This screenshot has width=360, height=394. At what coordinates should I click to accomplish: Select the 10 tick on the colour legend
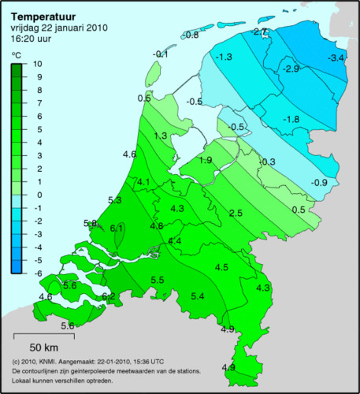pos(38,64)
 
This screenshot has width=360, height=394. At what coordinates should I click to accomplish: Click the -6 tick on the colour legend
pos(38,272)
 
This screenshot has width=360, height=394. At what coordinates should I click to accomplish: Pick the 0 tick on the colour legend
pos(38,194)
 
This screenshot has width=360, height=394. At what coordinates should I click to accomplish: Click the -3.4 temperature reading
pos(336,58)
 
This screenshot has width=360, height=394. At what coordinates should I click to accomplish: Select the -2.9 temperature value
pos(291,70)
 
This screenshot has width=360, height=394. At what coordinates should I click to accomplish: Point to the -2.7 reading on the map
pos(261,31)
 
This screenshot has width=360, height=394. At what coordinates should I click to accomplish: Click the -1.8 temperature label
pos(291,119)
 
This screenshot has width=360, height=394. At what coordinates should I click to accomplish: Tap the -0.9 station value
pos(319,183)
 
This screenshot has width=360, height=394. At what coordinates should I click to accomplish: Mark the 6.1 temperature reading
pos(118,228)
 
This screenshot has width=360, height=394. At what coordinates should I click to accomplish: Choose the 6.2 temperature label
pos(109,296)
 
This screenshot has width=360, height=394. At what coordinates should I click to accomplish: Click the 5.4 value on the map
pos(198,295)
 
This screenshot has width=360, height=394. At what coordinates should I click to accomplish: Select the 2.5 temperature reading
pos(235,214)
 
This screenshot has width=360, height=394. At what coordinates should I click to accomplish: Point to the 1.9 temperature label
pos(205,160)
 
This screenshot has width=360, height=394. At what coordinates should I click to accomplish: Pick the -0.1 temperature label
pos(161,54)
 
